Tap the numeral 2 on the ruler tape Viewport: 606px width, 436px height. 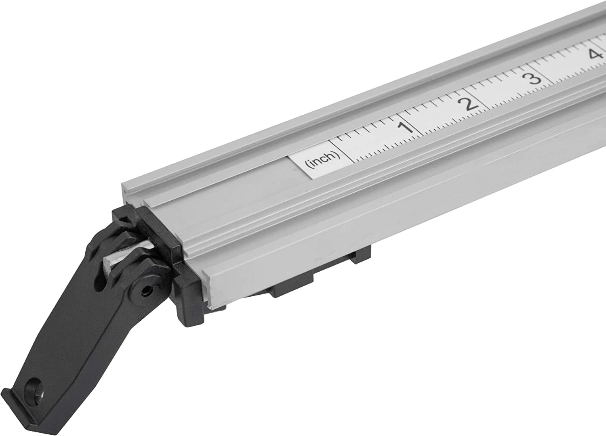[469, 104]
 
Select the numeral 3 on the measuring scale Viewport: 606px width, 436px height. [534, 78]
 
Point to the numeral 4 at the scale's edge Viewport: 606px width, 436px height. [594, 54]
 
